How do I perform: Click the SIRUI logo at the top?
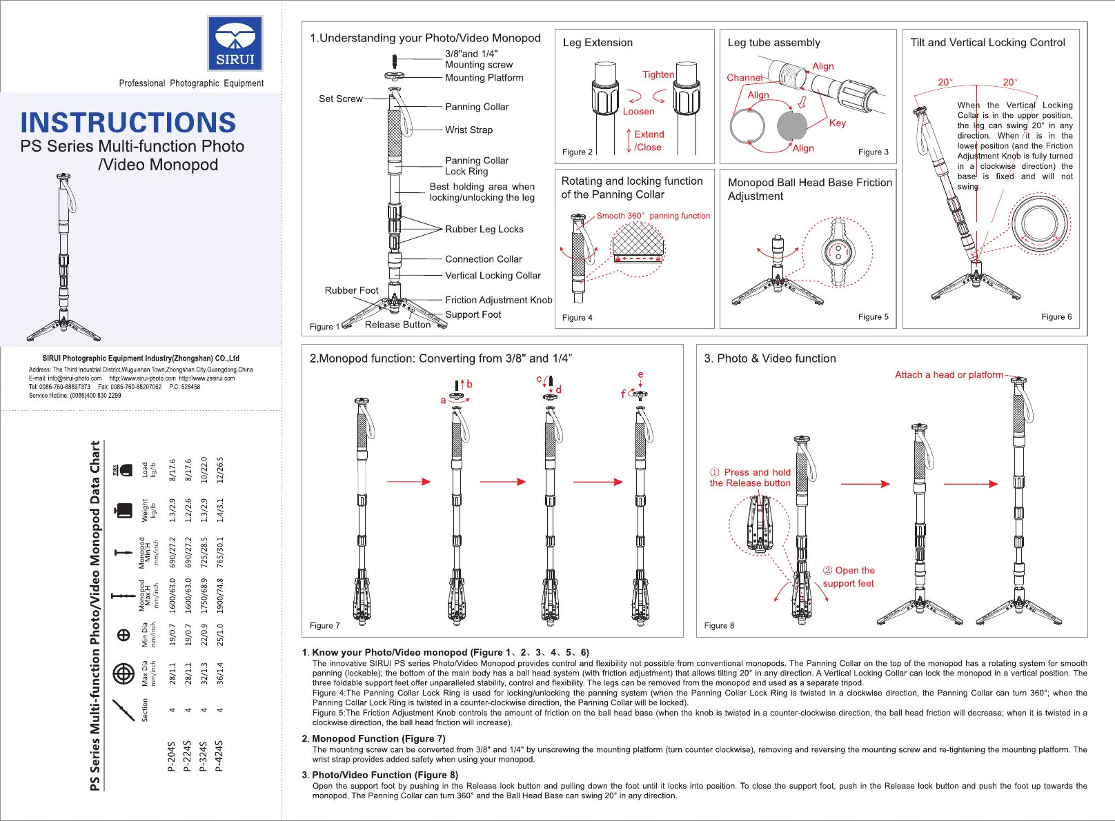(235, 43)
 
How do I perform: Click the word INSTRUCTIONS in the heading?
(128, 123)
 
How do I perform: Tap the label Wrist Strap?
(468, 130)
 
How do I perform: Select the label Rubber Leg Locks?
(484, 229)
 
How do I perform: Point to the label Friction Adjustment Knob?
(498, 300)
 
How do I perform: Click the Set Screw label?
(340, 99)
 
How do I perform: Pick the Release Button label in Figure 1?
(397, 325)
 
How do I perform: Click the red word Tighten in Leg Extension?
(658, 74)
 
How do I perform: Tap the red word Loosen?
(638, 112)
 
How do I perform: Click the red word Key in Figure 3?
(837, 123)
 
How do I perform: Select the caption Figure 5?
(873, 317)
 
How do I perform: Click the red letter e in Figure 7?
(640, 374)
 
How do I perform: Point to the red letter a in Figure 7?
(443, 400)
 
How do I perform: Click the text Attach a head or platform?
(949, 374)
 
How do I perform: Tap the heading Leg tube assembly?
(773, 43)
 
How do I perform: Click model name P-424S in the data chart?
(219, 756)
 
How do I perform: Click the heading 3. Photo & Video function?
(769, 358)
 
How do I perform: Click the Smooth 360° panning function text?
(653, 216)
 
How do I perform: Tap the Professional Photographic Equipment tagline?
(191, 83)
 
